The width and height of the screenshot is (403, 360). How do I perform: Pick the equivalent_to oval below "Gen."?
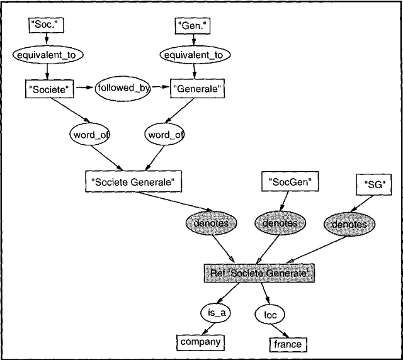[x=193, y=55]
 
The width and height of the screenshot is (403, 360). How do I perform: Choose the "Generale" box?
[x=197, y=89]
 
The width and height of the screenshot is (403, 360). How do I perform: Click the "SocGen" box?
[x=290, y=182]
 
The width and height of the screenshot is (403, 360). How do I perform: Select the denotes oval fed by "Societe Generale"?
[x=211, y=222]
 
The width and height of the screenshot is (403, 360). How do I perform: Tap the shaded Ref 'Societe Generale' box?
[x=259, y=273]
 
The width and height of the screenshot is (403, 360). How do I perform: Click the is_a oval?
[x=213, y=313]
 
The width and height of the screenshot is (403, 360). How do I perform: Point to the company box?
[x=200, y=342]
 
